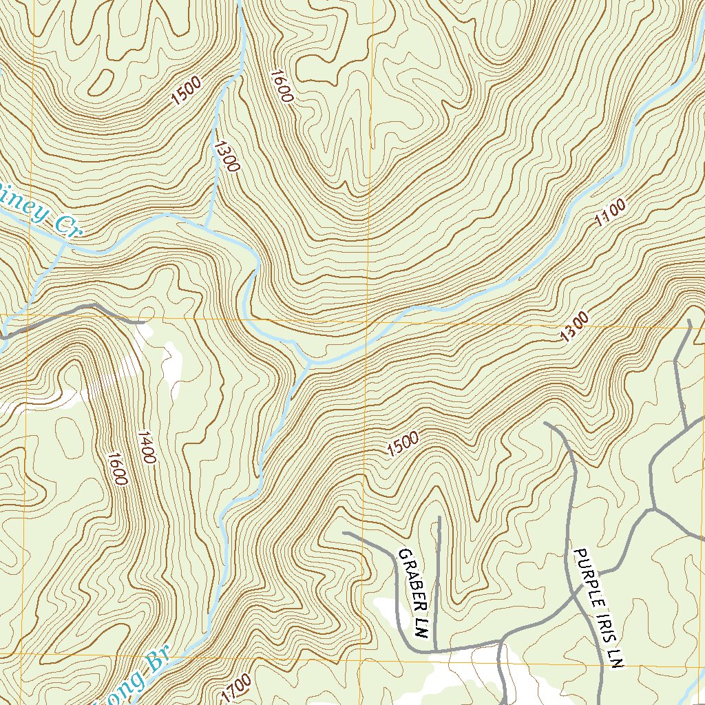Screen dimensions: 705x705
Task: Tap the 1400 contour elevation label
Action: [x=147, y=448]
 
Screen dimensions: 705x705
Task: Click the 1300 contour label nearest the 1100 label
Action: [x=574, y=327]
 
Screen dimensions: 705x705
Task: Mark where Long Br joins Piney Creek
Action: [x=306, y=362]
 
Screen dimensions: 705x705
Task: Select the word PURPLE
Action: [x=586, y=576]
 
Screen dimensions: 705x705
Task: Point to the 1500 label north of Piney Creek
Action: [x=187, y=92]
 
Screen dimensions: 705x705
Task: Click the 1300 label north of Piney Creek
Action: [x=226, y=156]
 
